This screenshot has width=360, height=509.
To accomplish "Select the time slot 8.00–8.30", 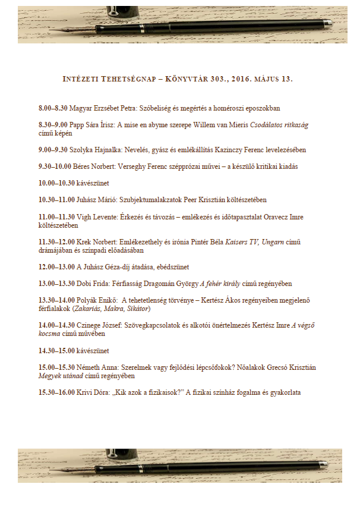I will (53, 109).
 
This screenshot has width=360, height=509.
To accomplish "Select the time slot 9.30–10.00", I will (54, 167).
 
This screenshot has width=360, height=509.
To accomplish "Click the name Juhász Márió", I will (94, 200).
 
